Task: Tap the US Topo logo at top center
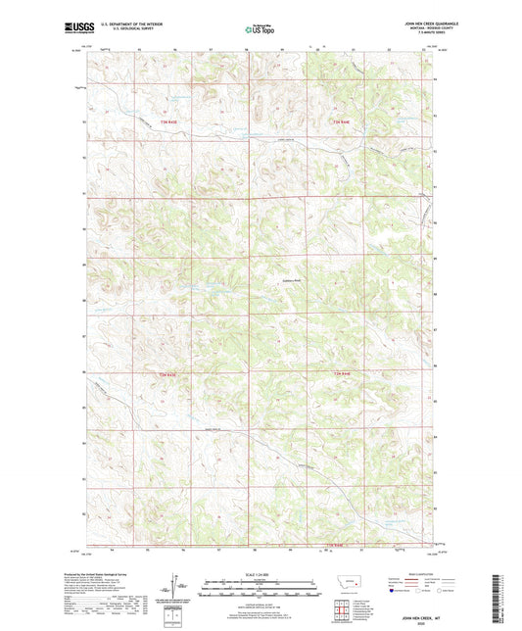point(259,29)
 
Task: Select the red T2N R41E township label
point(170,374)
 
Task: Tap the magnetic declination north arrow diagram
point(178,588)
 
